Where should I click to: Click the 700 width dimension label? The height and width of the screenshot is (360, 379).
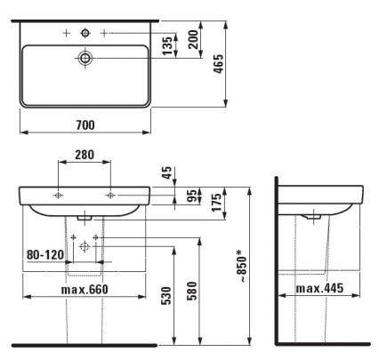pos(85,125)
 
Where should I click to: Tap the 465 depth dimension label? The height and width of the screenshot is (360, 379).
pos(219,64)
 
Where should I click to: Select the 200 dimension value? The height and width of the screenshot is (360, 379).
pos(193,39)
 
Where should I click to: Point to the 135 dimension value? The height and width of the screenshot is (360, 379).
pos(167,45)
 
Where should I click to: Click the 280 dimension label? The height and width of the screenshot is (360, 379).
pos(85,155)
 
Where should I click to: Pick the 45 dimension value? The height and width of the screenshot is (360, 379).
pos(167,172)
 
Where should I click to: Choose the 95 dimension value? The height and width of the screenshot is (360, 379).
pos(193,196)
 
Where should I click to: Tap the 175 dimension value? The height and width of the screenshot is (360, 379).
pos(217,203)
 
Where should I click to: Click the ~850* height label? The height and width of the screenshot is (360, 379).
pos(242,266)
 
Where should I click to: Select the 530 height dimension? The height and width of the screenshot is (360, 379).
pos(166,296)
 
